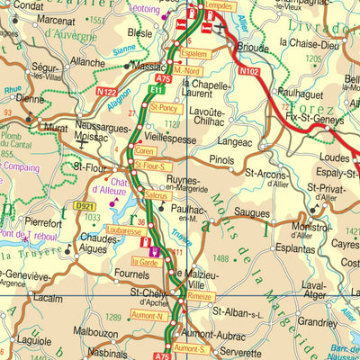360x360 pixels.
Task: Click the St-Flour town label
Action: click(90, 166)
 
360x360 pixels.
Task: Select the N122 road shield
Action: click(105, 91)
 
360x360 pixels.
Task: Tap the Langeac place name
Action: click(237, 141)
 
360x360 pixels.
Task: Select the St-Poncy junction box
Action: click(166, 107)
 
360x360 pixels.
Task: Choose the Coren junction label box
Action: click(145, 151)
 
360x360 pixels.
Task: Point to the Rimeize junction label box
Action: click(200, 295)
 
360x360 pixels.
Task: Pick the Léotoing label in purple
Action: click(144, 10)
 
